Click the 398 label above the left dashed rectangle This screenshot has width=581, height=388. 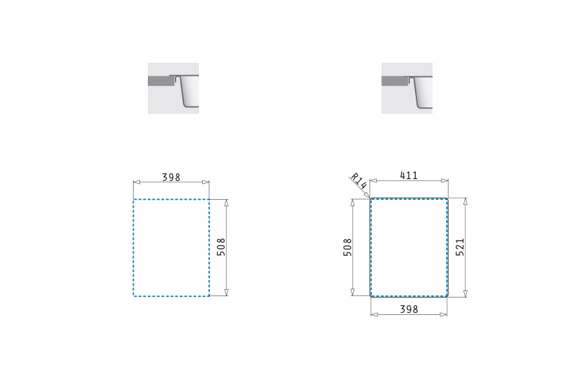[171, 177]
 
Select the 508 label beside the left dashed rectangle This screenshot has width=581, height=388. [221, 247]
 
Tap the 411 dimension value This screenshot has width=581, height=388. [409, 175]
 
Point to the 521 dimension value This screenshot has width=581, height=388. [460, 247]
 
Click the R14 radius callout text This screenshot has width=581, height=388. [359, 180]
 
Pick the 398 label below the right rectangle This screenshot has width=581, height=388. [409, 309]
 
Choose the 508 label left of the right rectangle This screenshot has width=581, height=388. [347, 247]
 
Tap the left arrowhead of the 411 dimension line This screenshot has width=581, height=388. [374, 181]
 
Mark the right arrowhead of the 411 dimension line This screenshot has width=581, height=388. [445, 181]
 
